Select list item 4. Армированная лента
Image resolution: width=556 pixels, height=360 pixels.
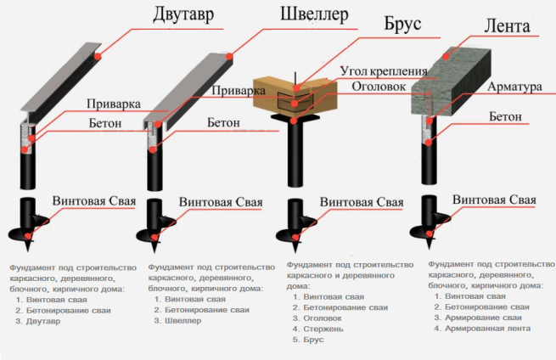[x=481, y=328]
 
